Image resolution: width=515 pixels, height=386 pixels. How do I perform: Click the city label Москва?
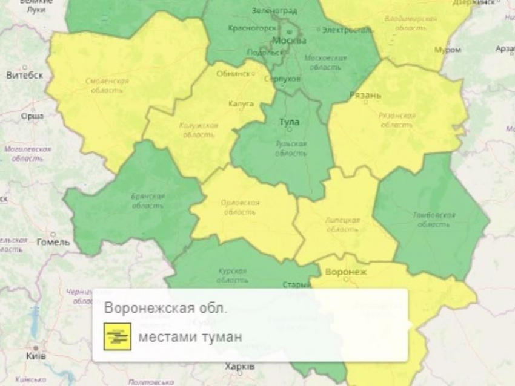click(290, 41)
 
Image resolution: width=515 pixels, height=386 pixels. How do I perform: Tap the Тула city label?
click(289, 122)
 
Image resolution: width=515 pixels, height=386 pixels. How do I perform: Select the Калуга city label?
click(241, 104)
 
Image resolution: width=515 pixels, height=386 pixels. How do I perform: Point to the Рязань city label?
click(365, 96)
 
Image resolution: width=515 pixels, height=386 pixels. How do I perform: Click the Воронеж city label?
click(346, 272)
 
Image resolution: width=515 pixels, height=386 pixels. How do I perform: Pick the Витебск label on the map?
click(25, 76)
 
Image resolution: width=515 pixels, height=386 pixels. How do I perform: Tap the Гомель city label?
click(53, 242)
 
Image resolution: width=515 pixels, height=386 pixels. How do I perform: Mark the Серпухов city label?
click(283, 79)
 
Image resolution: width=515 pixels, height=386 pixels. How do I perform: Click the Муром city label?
click(448, 50)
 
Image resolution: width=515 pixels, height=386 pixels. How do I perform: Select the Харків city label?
click(240, 367)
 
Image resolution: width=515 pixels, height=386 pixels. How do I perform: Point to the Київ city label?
click(36, 356)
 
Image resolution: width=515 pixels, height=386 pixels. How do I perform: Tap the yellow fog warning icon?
click(117, 336)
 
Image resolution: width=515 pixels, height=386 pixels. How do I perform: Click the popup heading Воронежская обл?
click(166, 307)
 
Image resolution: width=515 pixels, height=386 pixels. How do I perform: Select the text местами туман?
click(190, 337)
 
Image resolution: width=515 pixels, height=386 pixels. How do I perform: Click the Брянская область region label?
click(148, 201)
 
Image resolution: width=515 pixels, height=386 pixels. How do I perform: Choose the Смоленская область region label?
click(107, 85)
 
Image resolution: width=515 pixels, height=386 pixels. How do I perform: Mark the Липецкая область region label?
click(342, 224)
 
